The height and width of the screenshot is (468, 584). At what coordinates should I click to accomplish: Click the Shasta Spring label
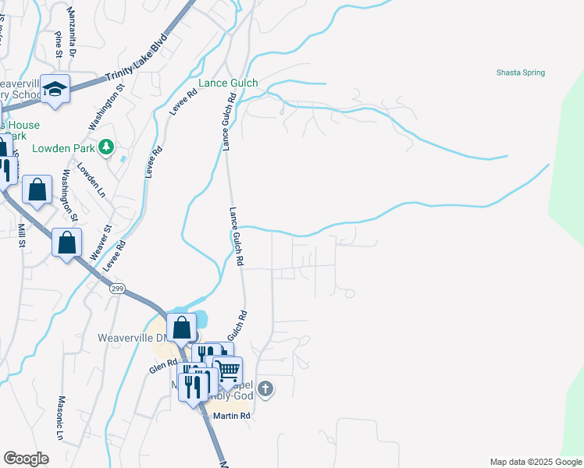[521, 73]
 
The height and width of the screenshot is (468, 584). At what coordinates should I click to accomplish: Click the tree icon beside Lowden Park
[109, 147]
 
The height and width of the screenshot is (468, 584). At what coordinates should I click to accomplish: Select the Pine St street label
[59, 44]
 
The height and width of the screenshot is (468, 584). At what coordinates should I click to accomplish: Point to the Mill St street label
[22, 233]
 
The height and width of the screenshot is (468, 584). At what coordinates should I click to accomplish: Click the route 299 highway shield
[116, 289]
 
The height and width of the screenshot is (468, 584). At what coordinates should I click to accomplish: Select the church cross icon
[265, 388]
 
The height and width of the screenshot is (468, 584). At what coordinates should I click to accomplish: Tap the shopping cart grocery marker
[227, 370]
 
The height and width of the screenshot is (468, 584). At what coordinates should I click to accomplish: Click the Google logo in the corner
[26, 458]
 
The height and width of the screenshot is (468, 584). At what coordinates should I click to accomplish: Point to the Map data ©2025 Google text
[536, 462]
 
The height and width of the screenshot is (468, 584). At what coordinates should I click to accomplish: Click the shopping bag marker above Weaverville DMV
[181, 328]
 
